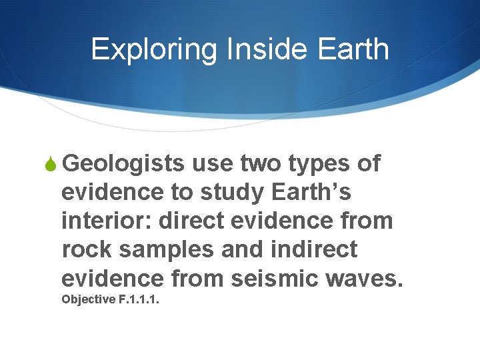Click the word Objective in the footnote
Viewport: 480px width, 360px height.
[x=88, y=299]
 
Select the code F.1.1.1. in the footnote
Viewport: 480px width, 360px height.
[x=139, y=299]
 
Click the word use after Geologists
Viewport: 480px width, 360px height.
[x=212, y=164]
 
